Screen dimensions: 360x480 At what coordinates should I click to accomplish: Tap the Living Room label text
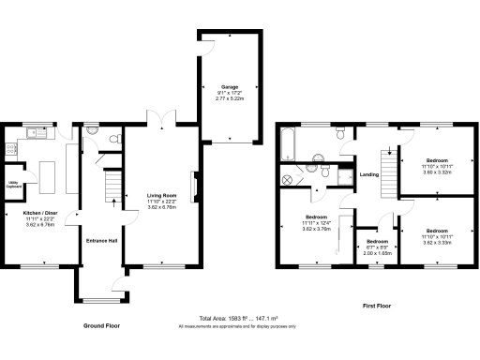[x=161, y=195]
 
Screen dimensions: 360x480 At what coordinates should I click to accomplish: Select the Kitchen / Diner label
[x=39, y=213]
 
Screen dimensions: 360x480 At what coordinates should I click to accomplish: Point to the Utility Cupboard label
[x=14, y=184]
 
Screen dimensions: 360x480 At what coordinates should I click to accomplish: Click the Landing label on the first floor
[x=368, y=172]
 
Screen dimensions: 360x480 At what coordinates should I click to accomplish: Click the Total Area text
[x=236, y=319]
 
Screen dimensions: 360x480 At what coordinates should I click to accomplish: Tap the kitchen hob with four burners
[x=13, y=147]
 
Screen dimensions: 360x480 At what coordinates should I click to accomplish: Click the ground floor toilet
[x=113, y=141]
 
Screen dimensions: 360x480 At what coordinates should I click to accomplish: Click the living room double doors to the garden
[x=161, y=121]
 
